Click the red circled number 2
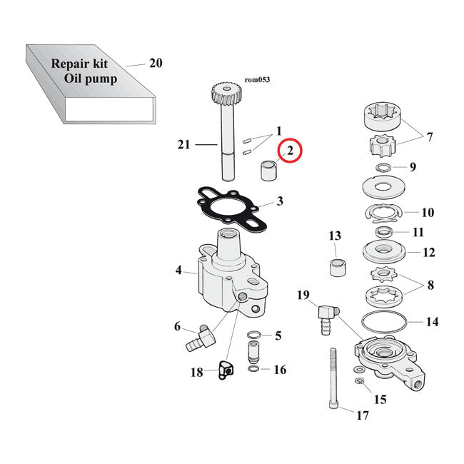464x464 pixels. (291, 152)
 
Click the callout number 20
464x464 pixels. (156, 64)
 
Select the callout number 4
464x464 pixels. (178, 271)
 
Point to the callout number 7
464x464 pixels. (429, 136)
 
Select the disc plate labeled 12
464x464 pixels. (384, 253)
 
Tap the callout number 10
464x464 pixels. (428, 213)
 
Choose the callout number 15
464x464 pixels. (380, 399)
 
